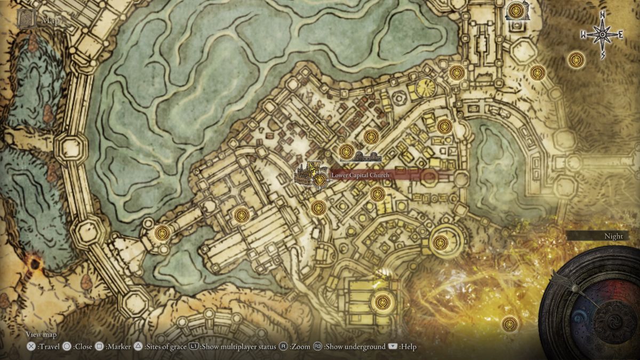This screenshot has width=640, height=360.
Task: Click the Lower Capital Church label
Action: click(360, 175)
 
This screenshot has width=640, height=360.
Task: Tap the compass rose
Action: click(602, 35)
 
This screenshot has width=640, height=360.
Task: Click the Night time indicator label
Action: click(613, 236)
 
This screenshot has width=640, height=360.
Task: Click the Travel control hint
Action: click(45, 347)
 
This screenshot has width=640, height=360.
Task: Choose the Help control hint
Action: click(403, 347)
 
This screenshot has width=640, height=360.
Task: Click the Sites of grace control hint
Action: click(160, 347)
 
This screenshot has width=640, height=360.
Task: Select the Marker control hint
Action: click(114, 347)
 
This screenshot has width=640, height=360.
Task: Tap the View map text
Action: click(41, 334)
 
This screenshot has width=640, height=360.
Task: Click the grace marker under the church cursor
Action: click(320, 180)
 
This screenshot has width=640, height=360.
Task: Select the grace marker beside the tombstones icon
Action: click(346, 151)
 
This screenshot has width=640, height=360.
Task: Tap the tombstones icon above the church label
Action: click(369, 157)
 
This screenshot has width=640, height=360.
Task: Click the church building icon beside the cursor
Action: click(305, 175)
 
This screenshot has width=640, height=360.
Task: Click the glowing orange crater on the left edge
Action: click(35, 262)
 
